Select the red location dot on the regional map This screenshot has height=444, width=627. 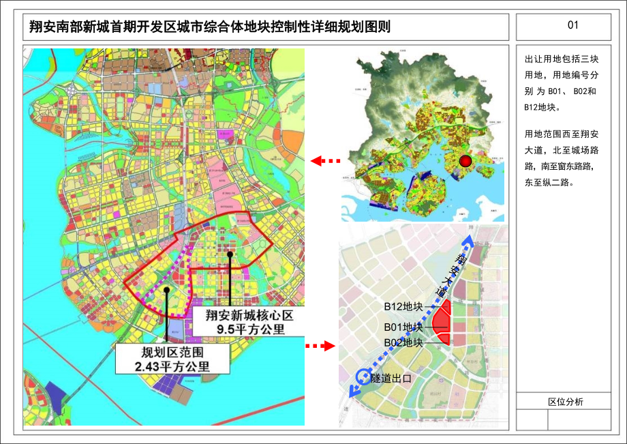[x=465, y=161]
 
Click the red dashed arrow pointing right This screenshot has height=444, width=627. [x=320, y=346]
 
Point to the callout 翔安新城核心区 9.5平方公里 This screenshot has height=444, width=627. [x=245, y=321]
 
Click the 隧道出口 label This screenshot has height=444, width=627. [x=391, y=378]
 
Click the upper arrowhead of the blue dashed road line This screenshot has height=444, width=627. [x=468, y=241]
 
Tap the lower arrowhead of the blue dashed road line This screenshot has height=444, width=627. [x=351, y=391]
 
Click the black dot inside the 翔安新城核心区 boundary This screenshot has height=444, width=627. [x=230, y=254]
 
